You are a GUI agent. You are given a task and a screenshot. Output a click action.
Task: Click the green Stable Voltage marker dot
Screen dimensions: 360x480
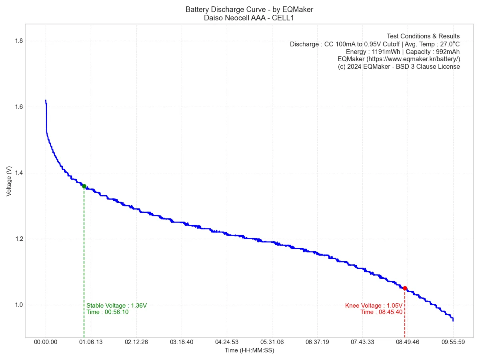84,186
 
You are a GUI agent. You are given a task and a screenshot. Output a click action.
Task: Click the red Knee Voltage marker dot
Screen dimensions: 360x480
405,288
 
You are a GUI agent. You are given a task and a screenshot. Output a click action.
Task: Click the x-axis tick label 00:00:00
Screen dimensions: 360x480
46,342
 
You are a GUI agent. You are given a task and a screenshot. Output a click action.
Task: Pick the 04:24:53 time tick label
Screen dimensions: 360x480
226,342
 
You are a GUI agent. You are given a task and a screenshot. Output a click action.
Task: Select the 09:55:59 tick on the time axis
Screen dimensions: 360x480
453,342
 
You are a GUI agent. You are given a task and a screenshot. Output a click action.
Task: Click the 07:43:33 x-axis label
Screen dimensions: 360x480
362,342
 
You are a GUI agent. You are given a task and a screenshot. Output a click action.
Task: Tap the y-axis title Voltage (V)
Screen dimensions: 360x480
9,181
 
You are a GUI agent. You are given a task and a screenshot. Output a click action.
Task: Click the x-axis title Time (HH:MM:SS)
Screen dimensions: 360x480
249,350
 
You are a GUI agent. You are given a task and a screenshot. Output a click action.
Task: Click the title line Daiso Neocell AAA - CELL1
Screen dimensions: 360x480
249,18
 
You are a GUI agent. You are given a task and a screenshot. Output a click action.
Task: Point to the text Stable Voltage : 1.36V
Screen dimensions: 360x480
116,306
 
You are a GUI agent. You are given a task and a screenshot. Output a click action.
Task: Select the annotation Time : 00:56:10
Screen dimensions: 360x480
107,312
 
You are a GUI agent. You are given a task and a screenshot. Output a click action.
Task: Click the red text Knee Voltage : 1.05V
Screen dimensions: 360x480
374,306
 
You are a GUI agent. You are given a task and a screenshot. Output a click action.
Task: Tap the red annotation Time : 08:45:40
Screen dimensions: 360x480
381,312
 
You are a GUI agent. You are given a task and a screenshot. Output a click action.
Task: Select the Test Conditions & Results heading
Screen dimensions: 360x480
423,36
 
